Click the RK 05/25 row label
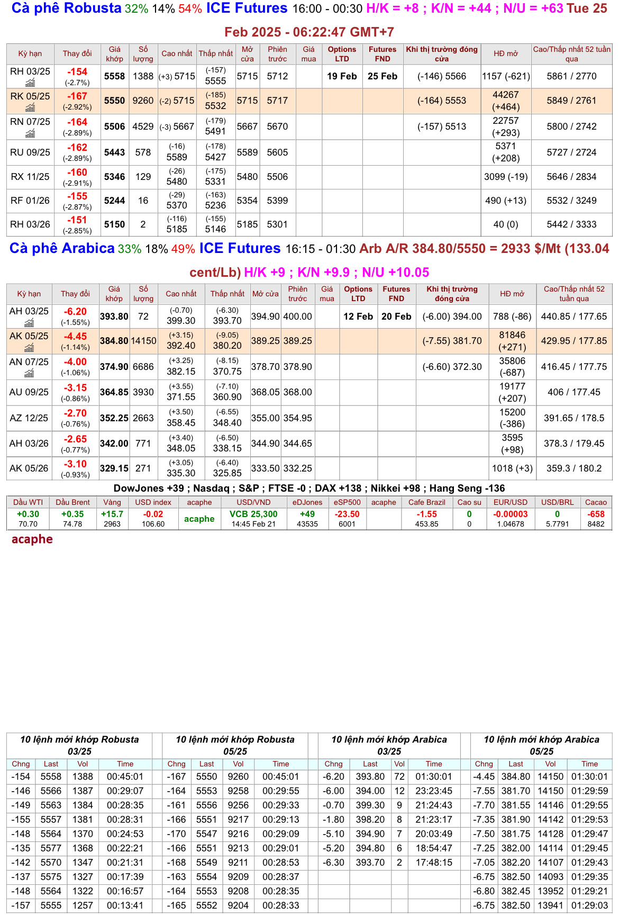click(x=30, y=96)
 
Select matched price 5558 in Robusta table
click(x=114, y=76)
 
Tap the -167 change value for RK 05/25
click(x=77, y=96)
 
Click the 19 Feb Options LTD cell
click(x=342, y=76)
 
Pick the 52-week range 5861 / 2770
click(x=571, y=76)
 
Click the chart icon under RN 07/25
click(x=30, y=133)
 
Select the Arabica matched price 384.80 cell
click(x=114, y=341)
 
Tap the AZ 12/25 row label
click(x=29, y=418)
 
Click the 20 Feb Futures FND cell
click(x=396, y=316)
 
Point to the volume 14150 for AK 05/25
click(x=143, y=341)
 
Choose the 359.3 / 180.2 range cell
click(x=574, y=468)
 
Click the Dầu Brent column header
click(x=72, y=502)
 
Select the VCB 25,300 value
click(x=253, y=514)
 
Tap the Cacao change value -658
click(x=596, y=514)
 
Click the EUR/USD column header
click(x=510, y=502)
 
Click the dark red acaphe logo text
click(x=32, y=539)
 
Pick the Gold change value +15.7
click(x=112, y=514)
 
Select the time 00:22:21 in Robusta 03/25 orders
click(x=125, y=848)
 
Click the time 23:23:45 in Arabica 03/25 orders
click(x=434, y=791)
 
